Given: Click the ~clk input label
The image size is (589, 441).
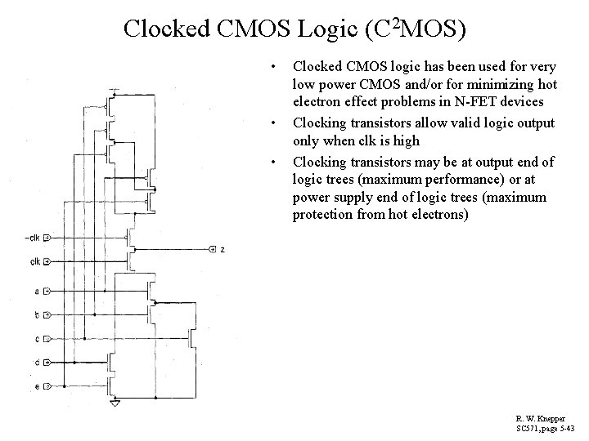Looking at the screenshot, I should tap(32, 238).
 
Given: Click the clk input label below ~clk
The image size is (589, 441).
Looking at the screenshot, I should tap(35, 262).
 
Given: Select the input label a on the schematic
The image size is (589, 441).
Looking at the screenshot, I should tap(37, 291).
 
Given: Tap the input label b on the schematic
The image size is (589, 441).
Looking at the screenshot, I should tap(37, 314).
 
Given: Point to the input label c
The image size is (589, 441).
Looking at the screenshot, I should tap(37, 338).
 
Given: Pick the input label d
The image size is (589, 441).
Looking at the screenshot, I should tap(37, 362).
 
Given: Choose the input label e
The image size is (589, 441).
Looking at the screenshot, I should tap(37, 385).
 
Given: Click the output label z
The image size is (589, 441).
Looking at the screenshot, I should tap(223, 249).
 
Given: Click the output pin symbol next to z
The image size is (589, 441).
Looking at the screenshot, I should tap(213, 249).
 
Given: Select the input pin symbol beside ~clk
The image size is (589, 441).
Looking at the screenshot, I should tap(47, 238).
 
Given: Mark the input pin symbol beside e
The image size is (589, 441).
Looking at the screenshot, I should tap(47, 385).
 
